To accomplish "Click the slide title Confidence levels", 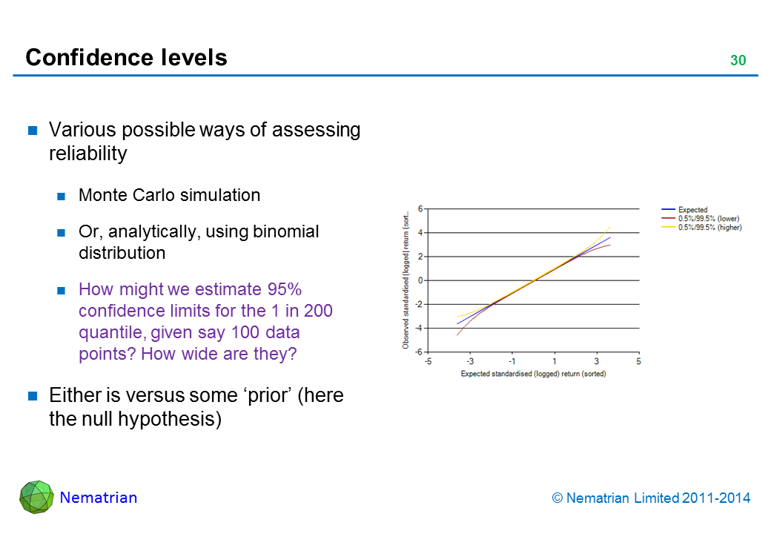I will (x=126, y=57).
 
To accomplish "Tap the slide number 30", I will (x=738, y=61).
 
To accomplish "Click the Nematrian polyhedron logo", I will (x=36, y=497).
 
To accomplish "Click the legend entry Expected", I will (x=692, y=210).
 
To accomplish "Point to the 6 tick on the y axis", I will (x=420, y=209).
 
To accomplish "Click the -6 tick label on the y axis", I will (x=419, y=352).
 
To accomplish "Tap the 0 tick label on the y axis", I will (x=420, y=280).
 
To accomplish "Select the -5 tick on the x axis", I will (x=428, y=361).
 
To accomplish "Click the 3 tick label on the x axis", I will (x=596, y=361).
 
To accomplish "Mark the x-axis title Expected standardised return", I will (x=533, y=374).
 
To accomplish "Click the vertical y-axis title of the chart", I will (x=406, y=280).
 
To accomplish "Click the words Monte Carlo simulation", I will (x=169, y=195).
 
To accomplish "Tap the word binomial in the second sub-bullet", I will (x=285, y=231).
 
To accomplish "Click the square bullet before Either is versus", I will (x=33, y=396).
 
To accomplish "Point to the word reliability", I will (x=87, y=154).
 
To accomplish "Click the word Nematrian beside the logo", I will (x=99, y=498).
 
